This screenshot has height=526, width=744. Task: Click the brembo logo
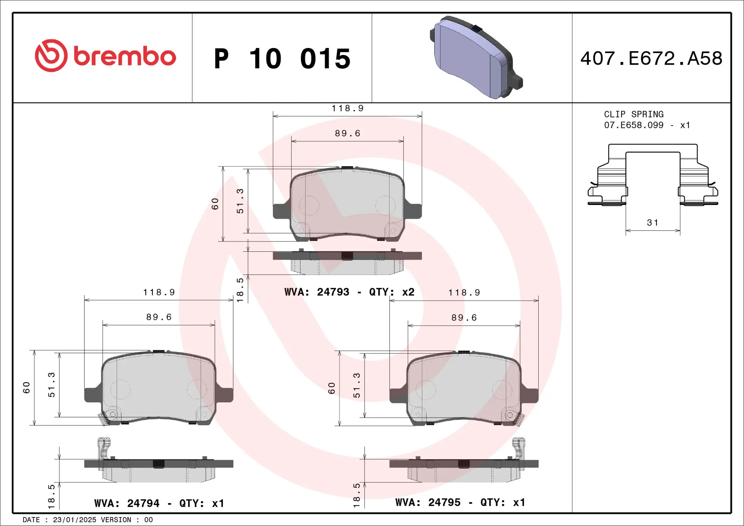click(105, 56)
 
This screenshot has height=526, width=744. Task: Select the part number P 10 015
click(282, 59)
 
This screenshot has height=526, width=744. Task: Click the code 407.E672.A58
click(651, 58)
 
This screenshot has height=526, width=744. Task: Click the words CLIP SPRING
click(634, 114)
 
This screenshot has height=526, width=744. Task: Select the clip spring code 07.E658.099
click(634, 125)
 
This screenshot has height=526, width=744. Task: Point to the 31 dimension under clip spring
click(653, 223)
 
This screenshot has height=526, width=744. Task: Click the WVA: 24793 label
click(317, 292)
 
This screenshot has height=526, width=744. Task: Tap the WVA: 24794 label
click(127, 503)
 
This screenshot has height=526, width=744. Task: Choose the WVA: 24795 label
click(428, 502)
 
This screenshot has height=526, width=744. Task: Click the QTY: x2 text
click(391, 292)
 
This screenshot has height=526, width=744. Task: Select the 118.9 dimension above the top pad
click(347, 108)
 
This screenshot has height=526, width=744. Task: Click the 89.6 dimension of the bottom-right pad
click(464, 318)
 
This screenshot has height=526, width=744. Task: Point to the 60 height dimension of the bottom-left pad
click(26, 387)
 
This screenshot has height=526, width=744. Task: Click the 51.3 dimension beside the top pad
click(240, 201)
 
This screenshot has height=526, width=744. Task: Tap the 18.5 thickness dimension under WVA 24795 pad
click(356, 495)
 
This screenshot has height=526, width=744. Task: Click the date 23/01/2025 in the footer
click(74, 520)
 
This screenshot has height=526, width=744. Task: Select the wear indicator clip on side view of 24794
click(103, 449)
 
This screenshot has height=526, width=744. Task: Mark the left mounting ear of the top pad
click(281, 211)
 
